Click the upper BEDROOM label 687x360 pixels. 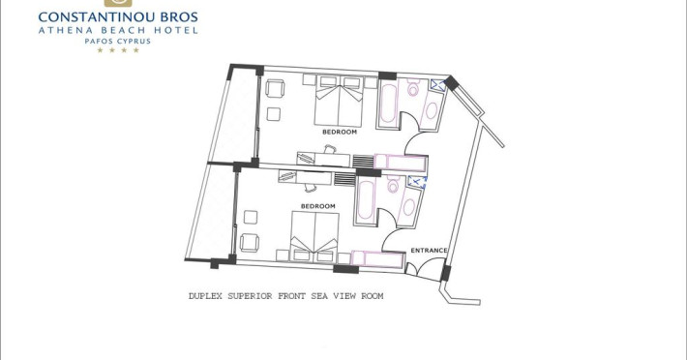coord(340,132)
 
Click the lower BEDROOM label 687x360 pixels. coord(318,206)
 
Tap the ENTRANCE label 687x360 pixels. coord(429,251)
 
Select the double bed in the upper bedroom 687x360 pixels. coord(339,102)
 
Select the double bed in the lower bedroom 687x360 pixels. coord(314,237)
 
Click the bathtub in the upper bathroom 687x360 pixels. coord(388,105)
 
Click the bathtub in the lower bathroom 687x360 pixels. coord(366,201)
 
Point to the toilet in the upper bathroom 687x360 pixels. coord(413,88)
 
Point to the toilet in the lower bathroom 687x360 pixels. coord(393,185)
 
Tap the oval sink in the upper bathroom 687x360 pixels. coord(432,111)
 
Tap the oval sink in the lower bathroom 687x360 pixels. coord(408,207)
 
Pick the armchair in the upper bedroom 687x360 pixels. coord(275,88)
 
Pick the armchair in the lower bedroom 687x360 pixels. coord(250,243)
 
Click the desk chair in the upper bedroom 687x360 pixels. coord(330,150)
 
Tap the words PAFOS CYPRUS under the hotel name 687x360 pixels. coord(117,42)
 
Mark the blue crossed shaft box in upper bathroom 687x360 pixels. coord(437,85)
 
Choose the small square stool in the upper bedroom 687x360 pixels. coord(274,114)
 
